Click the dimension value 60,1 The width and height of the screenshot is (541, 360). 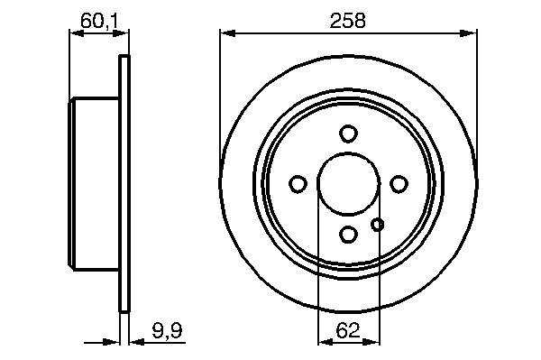pyautogui.click(x=99, y=21)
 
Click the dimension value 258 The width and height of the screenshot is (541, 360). pyautogui.click(x=347, y=21)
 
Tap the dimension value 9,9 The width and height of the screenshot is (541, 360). pyautogui.click(x=167, y=330)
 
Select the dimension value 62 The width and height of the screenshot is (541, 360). pyautogui.click(x=348, y=330)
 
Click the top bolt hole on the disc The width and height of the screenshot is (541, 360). pyautogui.click(x=348, y=134)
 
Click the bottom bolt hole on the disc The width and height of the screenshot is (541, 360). pyautogui.click(x=348, y=235)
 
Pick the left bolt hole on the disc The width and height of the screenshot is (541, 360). pyautogui.click(x=298, y=184)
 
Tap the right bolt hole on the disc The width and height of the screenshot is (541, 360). pyautogui.click(x=399, y=184)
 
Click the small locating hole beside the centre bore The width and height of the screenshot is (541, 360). pyautogui.click(x=377, y=225)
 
